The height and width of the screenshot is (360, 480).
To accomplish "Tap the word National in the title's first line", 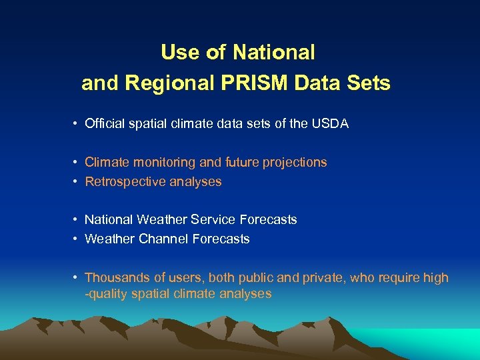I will (x=275, y=51).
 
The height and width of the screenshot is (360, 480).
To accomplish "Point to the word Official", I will (x=107, y=123).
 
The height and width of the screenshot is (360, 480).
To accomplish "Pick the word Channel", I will (x=165, y=239).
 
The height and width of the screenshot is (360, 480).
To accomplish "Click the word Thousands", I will (x=116, y=277).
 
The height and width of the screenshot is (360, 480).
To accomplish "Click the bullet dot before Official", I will (x=77, y=124).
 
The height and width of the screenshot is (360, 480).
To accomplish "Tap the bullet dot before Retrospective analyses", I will (x=77, y=182).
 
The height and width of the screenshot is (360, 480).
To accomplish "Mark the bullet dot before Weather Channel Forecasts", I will (x=77, y=239).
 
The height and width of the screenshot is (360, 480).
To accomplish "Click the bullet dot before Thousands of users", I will (x=77, y=278).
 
